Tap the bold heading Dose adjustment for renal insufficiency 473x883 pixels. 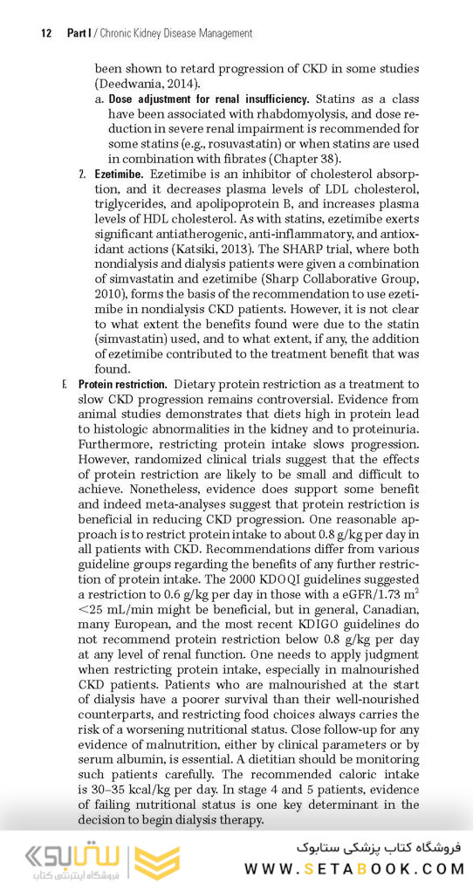tap(209, 99)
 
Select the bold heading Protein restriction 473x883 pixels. tap(122, 385)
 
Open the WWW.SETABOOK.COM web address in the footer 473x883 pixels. tap(354, 867)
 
